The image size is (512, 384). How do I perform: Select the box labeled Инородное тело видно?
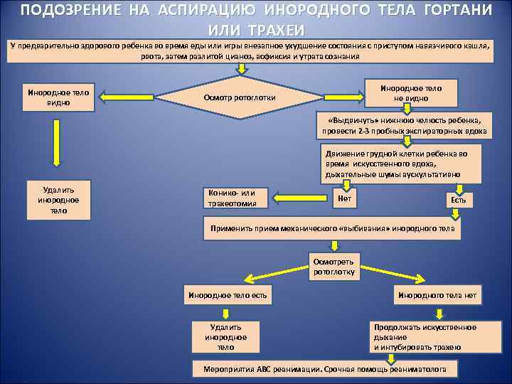[58, 97]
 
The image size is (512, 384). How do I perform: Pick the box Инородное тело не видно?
[410, 92]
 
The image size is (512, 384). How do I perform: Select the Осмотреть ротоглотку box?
[334, 267]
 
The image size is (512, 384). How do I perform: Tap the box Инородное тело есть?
[226, 294]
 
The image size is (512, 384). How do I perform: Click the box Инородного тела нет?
[437, 294]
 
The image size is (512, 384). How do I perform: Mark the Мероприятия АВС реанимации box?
[326, 369]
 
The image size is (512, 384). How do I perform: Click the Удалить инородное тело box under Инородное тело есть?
[225, 336]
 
